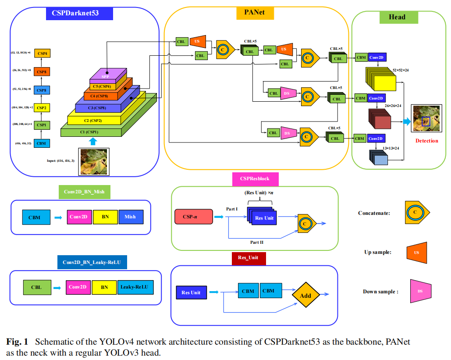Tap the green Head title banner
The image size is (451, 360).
click(x=397, y=18)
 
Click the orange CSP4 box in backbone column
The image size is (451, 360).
click(x=42, y=53)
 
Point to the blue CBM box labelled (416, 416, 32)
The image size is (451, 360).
click(x=42, y=143)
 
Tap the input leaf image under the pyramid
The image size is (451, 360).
click(x=93, y=162)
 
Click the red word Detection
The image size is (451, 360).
click(x=426, y=141)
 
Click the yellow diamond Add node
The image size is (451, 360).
click(x=305, y=296)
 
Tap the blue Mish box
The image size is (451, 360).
click(x=130, y=217)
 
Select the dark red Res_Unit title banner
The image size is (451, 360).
click(x=249, y=258)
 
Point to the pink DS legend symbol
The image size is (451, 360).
click(x=420, y=291)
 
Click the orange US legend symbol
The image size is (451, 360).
click(x=417, y=253)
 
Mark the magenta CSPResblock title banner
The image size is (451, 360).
click(x=255, y=179)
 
